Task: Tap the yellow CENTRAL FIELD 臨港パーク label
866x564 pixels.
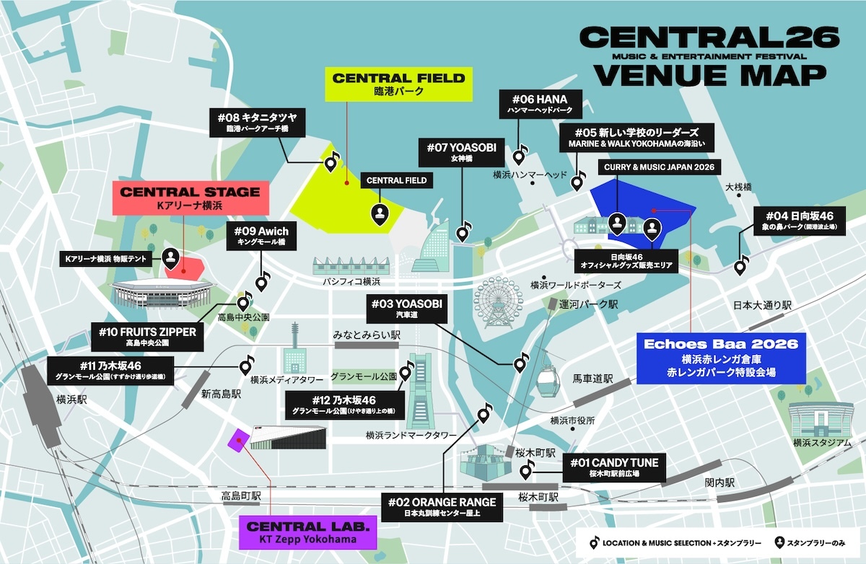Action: pyautogui.click(x=398, y=84)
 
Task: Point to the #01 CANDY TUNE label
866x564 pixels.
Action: pyautogui.click(x=614, y=468)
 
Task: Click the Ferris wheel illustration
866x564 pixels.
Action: pyautogui.click(x=495, y=304)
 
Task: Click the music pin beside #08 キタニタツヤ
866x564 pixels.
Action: pyautogui.click(x=331, y=164)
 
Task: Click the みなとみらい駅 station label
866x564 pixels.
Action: pyautogui.click(x=366, y=336)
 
